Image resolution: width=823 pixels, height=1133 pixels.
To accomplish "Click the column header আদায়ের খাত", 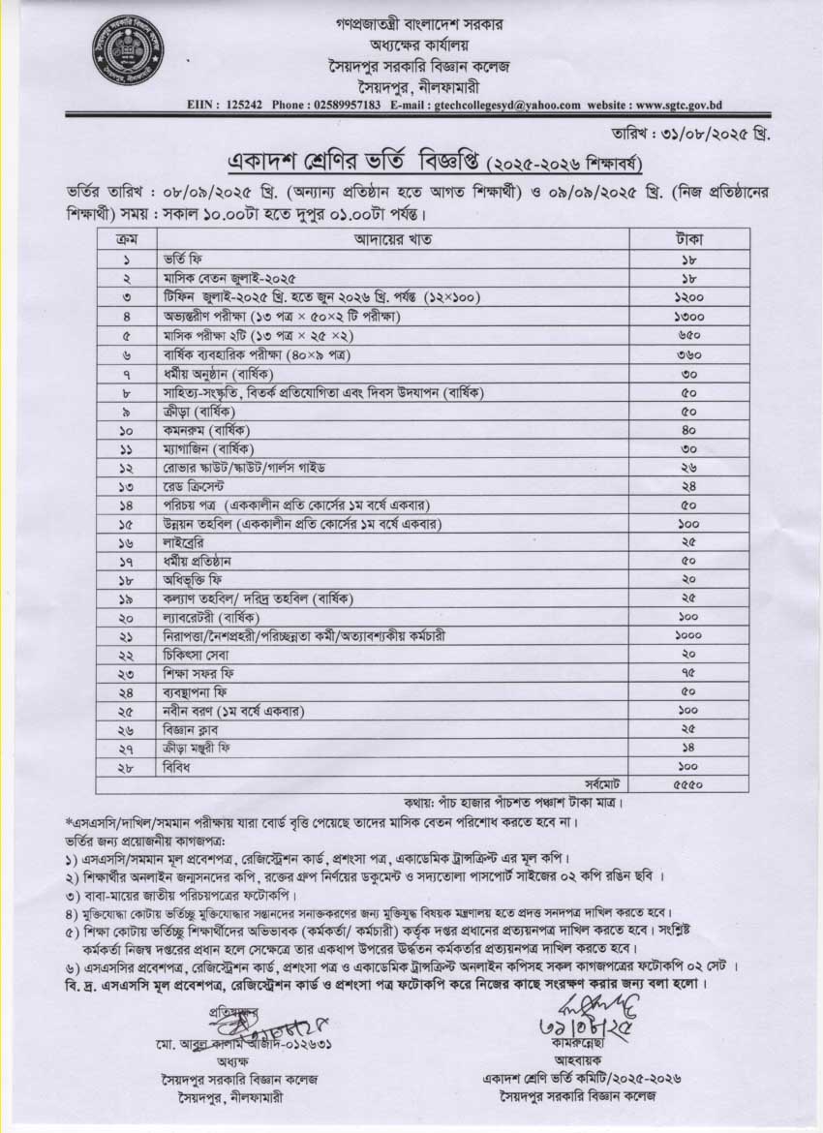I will click(393, 238).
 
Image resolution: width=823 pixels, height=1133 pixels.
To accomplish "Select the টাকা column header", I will click(688, 238).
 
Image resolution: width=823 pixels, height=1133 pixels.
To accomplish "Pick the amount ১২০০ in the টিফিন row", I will click(688, 296).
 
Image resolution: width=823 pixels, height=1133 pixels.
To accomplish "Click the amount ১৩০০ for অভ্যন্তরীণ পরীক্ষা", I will click(688, 317).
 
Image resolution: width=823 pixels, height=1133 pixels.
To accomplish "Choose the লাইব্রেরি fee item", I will click(185, 543).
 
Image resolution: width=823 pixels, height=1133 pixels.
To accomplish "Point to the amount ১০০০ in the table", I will click(688, 636).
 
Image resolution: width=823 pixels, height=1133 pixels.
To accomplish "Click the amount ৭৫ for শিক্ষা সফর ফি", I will click(688, 673).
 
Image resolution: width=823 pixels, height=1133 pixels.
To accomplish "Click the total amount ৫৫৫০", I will click(688, 785).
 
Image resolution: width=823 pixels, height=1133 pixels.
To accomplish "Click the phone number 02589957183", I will click(344, 105).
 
